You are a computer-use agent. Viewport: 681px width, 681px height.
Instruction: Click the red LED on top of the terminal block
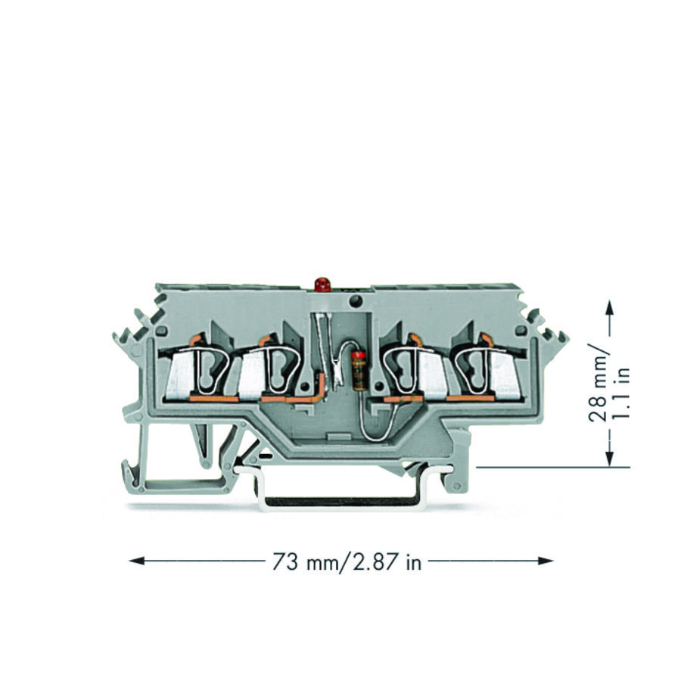322,285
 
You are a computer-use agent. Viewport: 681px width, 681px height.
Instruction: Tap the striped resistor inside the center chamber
359,371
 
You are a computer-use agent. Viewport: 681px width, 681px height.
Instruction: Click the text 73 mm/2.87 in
345,561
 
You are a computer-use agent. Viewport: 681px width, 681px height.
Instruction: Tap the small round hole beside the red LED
354,302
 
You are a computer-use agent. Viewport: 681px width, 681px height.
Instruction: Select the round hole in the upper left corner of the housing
161,331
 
